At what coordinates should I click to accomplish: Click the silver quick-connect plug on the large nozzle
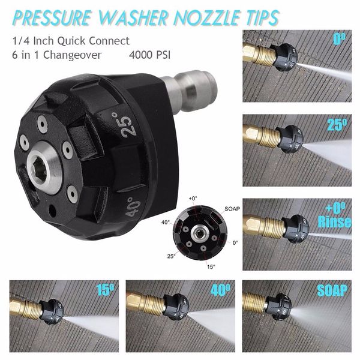tap(191, 84)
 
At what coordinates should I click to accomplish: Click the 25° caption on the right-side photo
tap(338, 124)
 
